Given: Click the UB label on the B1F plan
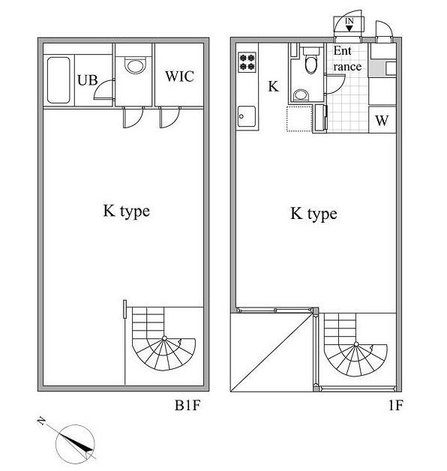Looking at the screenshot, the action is pyautogui.click(x=88, y=80).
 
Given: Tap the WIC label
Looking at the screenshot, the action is pyautogui.click(x=180, y=76).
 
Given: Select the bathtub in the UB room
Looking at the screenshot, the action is pyautogui.click(x=58, y=80).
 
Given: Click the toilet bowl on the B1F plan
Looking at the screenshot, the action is pyautogui.click(x=135, y=67).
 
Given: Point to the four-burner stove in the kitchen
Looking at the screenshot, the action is pyautogui.click(x=247, y=62).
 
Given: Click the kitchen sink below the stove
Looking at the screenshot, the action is pyautogui.click(x=247, y=116).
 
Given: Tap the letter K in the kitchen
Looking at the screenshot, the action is pyautogui.click(x=273, y=86).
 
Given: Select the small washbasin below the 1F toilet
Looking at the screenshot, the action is pyautogui.click(x=301, y=95).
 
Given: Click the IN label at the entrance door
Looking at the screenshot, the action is pyautogui.click(x=349, y=21).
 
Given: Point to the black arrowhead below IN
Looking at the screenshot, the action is pyautogui.click(x=349, y=28).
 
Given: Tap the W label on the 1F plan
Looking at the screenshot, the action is pyautogui.click(x=382, y=121).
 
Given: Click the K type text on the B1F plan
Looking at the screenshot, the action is pyautogui.click(x=127, y=211).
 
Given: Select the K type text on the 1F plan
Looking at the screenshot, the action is pyautogui.click(x=313, y=214).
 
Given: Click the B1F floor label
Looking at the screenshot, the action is pyautogui.click(x=187, y=405).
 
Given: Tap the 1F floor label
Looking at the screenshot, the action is pyautogui.click(x=395, y=405).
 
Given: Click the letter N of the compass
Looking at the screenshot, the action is pyautogui.click(x=41, y=421).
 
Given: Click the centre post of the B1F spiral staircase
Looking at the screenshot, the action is pyautogui.click(x=164, y=338).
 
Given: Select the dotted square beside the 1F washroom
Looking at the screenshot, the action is pyautogui.click(x=299, y=118).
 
